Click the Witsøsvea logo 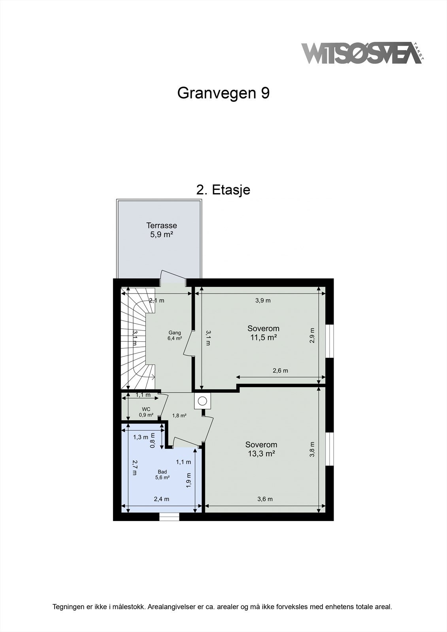(362, 53)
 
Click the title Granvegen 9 (223, 93)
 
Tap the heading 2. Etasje (223, 190)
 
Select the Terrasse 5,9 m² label (161, 230)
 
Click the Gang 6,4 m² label (175, 335)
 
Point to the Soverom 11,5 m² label (263, 333)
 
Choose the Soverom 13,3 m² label (261, 449)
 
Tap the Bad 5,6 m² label (162, 474)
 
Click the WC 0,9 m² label (146, 412)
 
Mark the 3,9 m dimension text (263, 300)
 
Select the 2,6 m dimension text (280, 371)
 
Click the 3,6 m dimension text (265, 499)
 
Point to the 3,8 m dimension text (312, 449)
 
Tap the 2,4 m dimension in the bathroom (161, 499)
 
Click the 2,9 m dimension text (312, 335)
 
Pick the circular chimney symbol (202, 401)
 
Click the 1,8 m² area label (179, 416)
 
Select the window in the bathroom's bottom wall (169, 517)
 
